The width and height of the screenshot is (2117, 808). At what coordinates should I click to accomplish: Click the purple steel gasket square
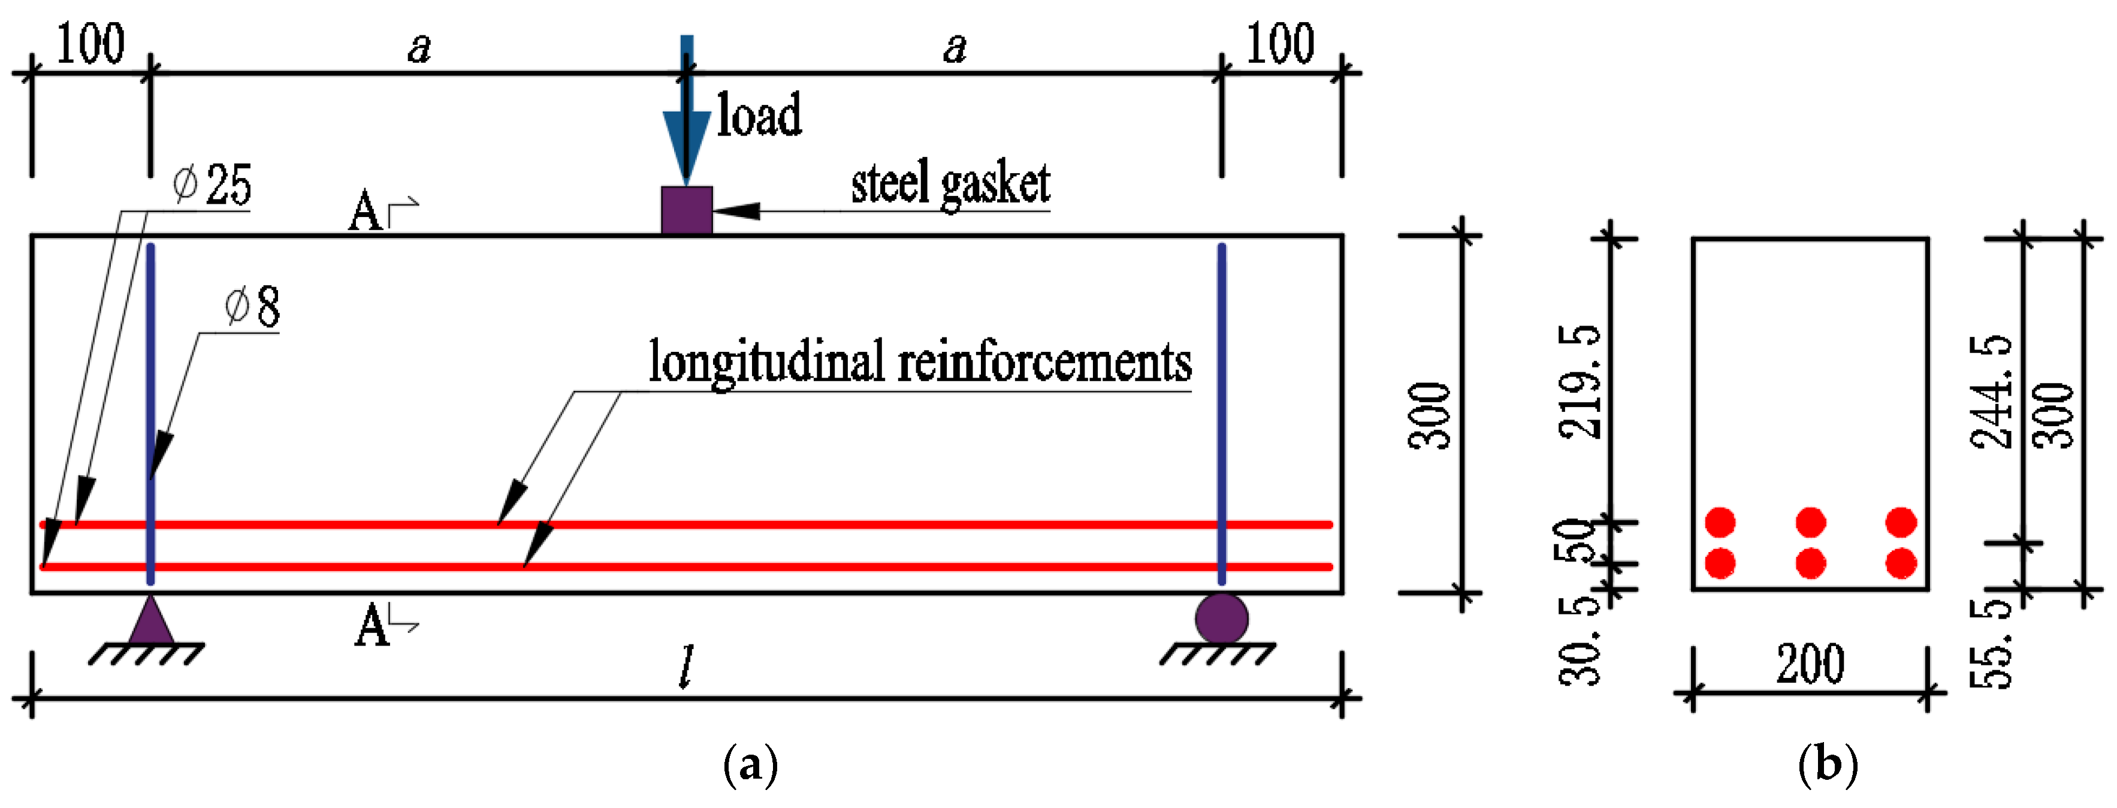pos(686,210)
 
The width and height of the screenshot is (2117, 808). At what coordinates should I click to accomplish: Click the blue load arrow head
pos(686,144)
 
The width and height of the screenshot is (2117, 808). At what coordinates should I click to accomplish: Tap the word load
pos(759,115)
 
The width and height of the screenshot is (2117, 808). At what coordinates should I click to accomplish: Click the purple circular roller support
pos(1221,618)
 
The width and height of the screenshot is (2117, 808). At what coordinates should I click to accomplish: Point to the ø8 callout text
pos(253,306)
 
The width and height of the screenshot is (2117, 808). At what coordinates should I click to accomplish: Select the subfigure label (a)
pos(750,765)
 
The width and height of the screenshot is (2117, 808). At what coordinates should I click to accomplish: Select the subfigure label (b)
pos(1828,765)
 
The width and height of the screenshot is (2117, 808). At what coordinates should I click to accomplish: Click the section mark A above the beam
pos(366,213)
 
